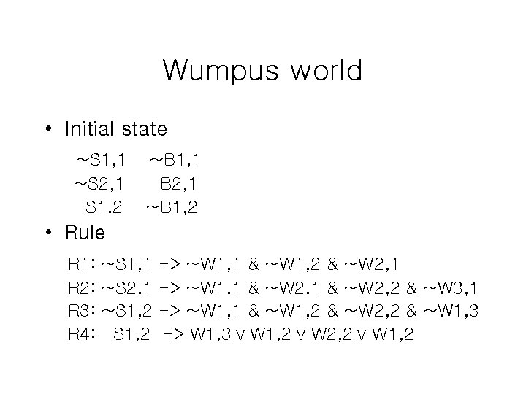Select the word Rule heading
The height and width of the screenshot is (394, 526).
pos(85,233)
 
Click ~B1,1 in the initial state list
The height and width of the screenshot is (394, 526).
pos(173,158)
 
